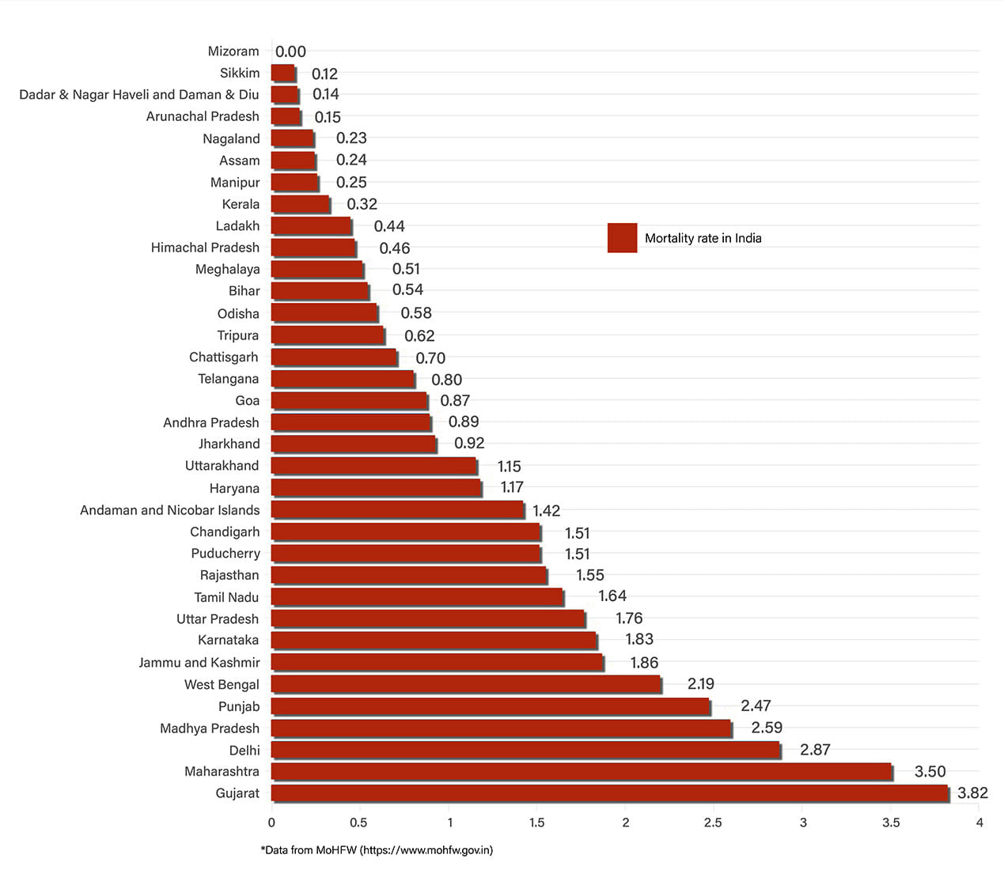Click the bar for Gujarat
(609, 793)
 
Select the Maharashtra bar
(582, 771)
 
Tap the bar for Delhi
(526, 750)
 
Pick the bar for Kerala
(301, 204)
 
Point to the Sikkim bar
(283, 74)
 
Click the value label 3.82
(972, 793)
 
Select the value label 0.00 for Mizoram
(290, 52)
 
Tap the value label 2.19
(700, 684)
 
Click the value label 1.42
(546, 511)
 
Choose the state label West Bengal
(222, 684)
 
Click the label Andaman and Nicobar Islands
(169, 510)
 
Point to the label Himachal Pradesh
(205, 248)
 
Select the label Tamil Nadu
(226, 597)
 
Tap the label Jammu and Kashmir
(199, 663)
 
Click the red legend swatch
(622, 238)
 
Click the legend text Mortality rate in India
(703, 238)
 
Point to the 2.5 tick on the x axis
(713, 823)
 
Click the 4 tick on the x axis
(979, 823)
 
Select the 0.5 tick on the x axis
(358, 823)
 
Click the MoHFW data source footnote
(377, 850)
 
